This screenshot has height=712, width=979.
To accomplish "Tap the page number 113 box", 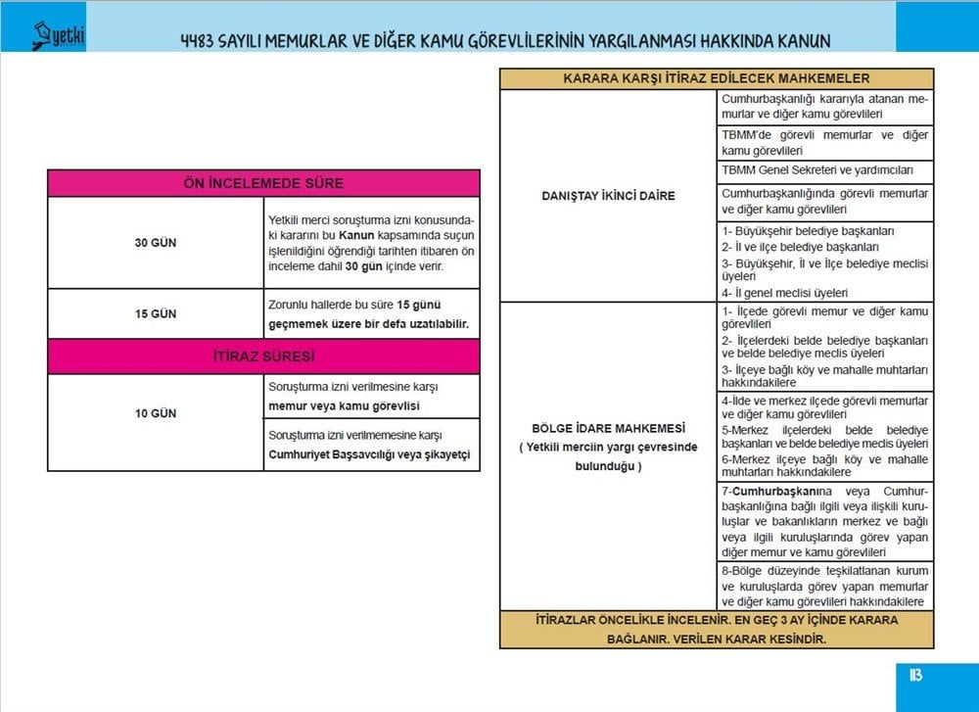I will point(915,676).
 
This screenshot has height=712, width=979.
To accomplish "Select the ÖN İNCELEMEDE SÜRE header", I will point(263,183).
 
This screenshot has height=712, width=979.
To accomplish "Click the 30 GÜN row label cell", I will point(156,242).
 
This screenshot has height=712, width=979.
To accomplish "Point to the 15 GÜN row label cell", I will point(156,314).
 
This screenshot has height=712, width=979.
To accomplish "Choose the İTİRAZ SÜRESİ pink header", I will point(263,356).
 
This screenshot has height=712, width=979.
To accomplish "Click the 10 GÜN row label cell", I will point(156,413).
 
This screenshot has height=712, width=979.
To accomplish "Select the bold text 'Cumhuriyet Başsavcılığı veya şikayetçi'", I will point(369,454).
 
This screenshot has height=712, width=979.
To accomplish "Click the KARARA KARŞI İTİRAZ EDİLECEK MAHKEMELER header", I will point(717,78).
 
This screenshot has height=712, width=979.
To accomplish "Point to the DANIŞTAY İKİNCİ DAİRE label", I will point(608,196).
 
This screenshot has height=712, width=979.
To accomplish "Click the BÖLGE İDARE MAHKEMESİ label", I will point(608,429).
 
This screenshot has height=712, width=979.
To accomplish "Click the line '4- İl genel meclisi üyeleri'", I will point(785,292).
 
